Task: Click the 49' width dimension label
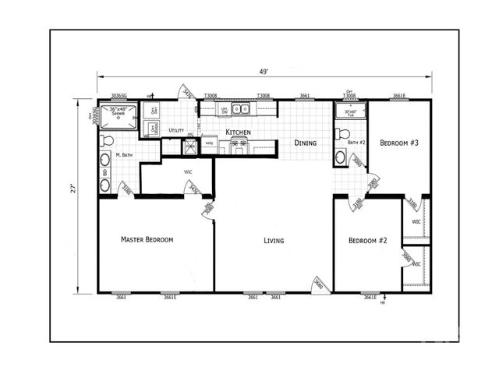265,71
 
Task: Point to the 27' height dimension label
73,188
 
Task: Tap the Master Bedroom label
147,239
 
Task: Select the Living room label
273,241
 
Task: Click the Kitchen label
238,133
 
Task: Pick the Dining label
305,143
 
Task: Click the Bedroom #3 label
399,143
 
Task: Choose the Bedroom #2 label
367,241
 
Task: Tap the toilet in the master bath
107,141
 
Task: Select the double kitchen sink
232,109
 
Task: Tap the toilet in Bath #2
339,135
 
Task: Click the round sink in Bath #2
340,157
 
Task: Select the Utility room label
176,131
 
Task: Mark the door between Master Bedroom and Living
207,210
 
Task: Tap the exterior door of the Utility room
186,92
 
